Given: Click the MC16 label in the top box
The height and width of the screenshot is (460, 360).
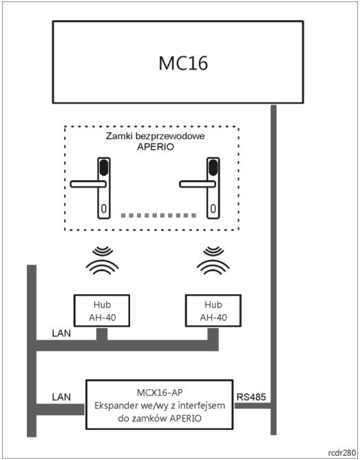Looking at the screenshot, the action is click(x=183, y=63).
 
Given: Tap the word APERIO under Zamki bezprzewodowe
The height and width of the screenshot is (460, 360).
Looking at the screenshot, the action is click(x=156, y=146).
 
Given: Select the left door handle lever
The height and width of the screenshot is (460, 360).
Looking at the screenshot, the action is click(x=88, y=184).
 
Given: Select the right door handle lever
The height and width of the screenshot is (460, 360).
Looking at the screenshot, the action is click(x=197, y=184).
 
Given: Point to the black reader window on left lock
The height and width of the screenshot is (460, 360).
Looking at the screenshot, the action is click(x=104, y=167).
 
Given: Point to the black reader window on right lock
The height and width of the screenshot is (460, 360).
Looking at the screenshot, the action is click(x=213, y=167).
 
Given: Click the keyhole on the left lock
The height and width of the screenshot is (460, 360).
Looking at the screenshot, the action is click(x=104, y=208).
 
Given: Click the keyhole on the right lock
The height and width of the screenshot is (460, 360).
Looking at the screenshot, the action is click(x=213, y=208).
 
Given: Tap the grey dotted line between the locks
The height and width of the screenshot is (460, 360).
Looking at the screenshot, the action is click(x=158, y=216).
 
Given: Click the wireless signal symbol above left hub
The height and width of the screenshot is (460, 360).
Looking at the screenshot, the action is click(x=102, y=260).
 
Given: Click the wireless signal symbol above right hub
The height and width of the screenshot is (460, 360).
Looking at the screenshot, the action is click(x=213, y=260).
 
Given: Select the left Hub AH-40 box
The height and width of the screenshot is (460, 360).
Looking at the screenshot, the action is click(x=102, y=311).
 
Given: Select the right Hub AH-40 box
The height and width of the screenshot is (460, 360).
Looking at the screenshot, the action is click(x=213, y=311).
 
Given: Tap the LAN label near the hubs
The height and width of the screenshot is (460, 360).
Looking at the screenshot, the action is click(x=61, y=333).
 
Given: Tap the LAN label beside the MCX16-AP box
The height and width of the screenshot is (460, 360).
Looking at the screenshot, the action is click(x=61, y=397).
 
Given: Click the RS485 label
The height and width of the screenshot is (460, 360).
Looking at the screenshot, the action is click(x=251, y=397).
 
